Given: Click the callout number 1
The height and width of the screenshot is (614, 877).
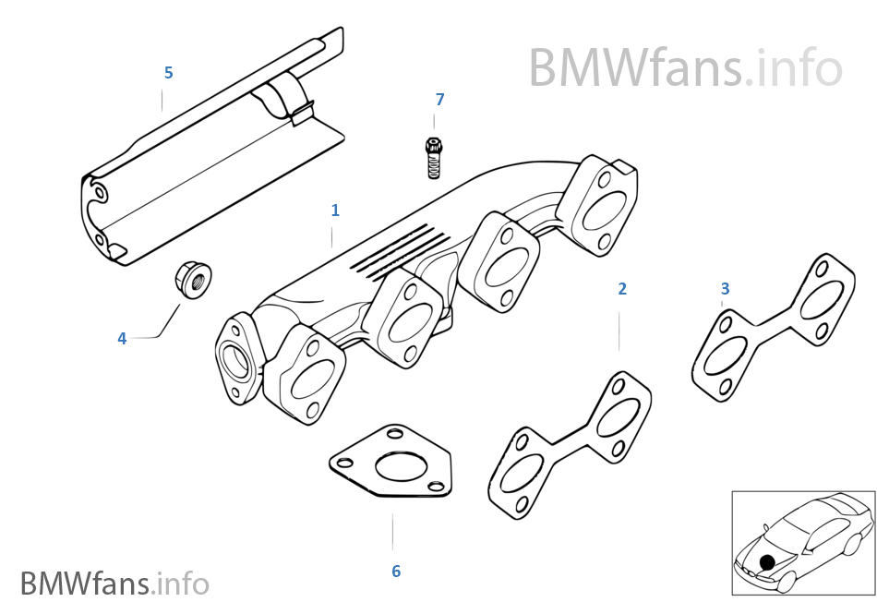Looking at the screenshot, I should pyautogui.click(x=335, y=211).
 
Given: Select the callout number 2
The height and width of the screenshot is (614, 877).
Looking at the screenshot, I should pyautogui.click(x=622, y=289).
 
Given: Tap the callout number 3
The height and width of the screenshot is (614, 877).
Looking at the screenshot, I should pyautogui.click(x=726, y=289).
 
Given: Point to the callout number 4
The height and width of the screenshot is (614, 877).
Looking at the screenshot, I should pyautogui.click(x=122, y=339).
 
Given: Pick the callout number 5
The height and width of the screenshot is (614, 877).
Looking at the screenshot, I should pyautogui.click(x=168, y=72).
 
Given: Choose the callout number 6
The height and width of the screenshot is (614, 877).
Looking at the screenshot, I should pyautogui.click(x=396, y=572).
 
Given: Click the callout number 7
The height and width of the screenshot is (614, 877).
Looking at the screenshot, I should pyautogui.click(x=439, y=99).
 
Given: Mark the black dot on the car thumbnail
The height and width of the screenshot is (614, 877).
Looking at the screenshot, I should pyautogui.click(x=766, y=561).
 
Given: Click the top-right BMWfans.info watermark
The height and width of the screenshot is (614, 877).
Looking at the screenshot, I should pyautogui.click(x=685, y=67).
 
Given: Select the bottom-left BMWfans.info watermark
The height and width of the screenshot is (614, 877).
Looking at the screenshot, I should pyautogui.click(x=114, y=584).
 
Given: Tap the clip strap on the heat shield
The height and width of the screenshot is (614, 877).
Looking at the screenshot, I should pyautogui.click(x=289, y=100).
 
